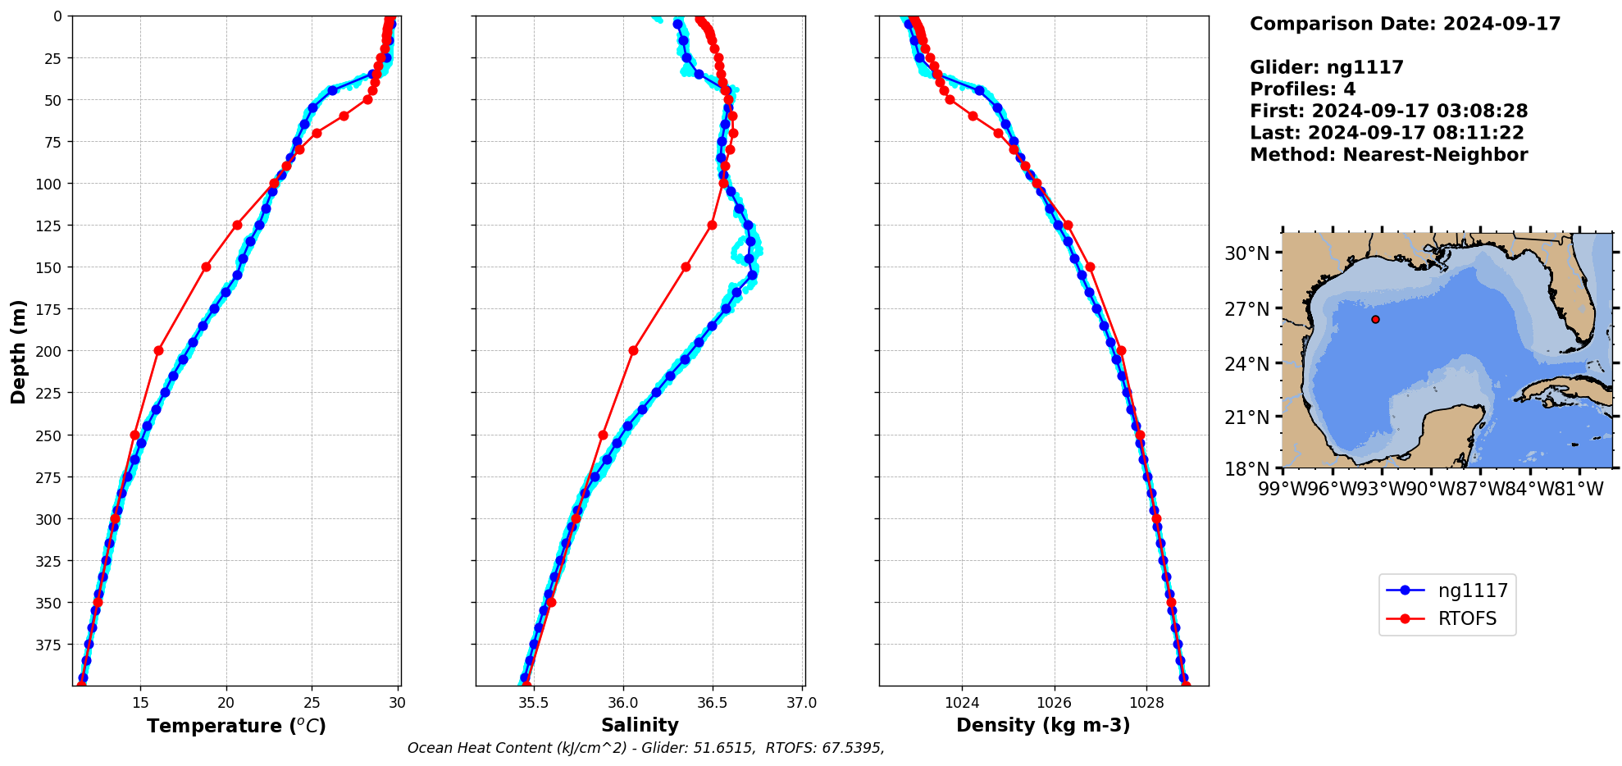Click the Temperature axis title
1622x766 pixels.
coord(236,726)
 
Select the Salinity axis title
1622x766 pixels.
coord(640,725)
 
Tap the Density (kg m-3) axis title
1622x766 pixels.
coord(1043,725)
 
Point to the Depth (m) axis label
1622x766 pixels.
coord(18,351)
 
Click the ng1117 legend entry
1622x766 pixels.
coord(1473,590)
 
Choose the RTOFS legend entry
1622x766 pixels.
coord(1467,618)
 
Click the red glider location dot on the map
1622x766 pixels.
coord(1375,319)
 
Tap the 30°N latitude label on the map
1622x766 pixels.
coord(1246,253)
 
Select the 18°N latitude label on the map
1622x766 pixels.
coord(1246,469)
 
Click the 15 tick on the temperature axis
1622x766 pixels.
coord(140,702)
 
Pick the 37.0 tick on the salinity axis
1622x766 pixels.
coord(801,703)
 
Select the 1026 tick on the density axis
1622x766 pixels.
coord(1054,703)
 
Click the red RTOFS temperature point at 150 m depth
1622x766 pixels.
coord(206,267)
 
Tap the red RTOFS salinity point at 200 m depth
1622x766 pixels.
coord(633,350)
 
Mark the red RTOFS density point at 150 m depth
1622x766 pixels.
coord(1090,267)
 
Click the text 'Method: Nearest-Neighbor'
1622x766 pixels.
coord(1388,155)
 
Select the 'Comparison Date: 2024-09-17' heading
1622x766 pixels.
coord(1405,24)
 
